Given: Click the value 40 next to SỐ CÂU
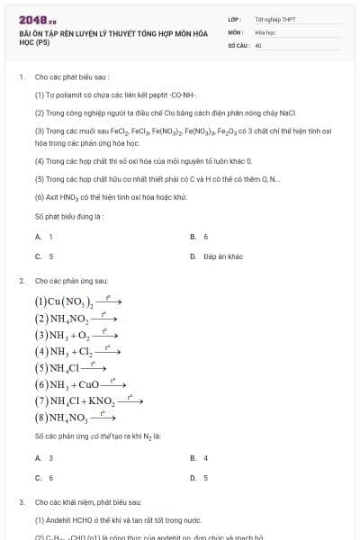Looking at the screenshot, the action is tap(258, 44).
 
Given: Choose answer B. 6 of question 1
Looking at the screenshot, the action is tap(199, 236).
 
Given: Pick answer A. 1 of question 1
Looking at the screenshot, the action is tap(44, 236).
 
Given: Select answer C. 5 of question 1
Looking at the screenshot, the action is tap(44, 256).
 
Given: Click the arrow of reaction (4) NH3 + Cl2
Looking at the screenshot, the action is tap(110, 351).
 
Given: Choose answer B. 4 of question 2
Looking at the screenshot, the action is tap(199, 458).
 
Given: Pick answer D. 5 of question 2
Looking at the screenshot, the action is tap(199, 478).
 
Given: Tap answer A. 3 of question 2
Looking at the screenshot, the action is tap(44, 458).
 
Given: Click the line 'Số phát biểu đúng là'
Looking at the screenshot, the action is tap(68, 217).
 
